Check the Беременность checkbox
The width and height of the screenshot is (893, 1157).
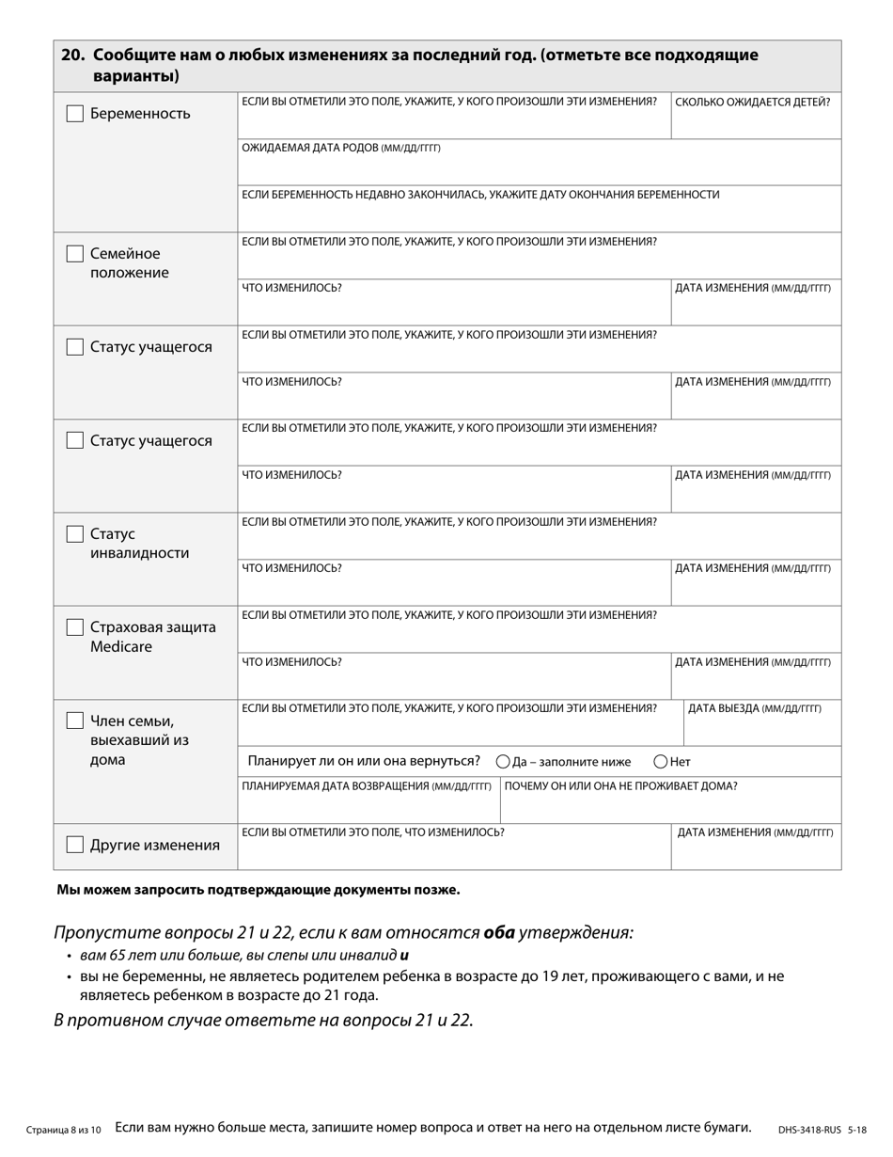[75, 114]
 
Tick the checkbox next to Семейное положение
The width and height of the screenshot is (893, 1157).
[75, 254]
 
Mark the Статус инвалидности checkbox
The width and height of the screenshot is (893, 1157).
[75, 534]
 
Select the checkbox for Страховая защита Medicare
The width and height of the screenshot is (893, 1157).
[75, 627]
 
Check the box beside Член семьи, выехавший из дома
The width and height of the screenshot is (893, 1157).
[75, 721]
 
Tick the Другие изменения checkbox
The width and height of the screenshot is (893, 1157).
[75, 845]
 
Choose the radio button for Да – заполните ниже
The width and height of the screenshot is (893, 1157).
[503, 762]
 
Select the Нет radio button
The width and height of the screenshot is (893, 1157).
[661, 762]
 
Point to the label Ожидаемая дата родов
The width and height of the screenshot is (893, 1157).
[340, 149]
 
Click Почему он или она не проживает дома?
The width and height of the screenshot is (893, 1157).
[620, 786]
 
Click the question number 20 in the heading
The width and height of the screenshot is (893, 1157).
[71, 55]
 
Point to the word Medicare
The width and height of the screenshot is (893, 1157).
[121, 647]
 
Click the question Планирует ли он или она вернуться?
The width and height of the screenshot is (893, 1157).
[364, 761]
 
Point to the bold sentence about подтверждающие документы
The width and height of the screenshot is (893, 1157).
[258, 890]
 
